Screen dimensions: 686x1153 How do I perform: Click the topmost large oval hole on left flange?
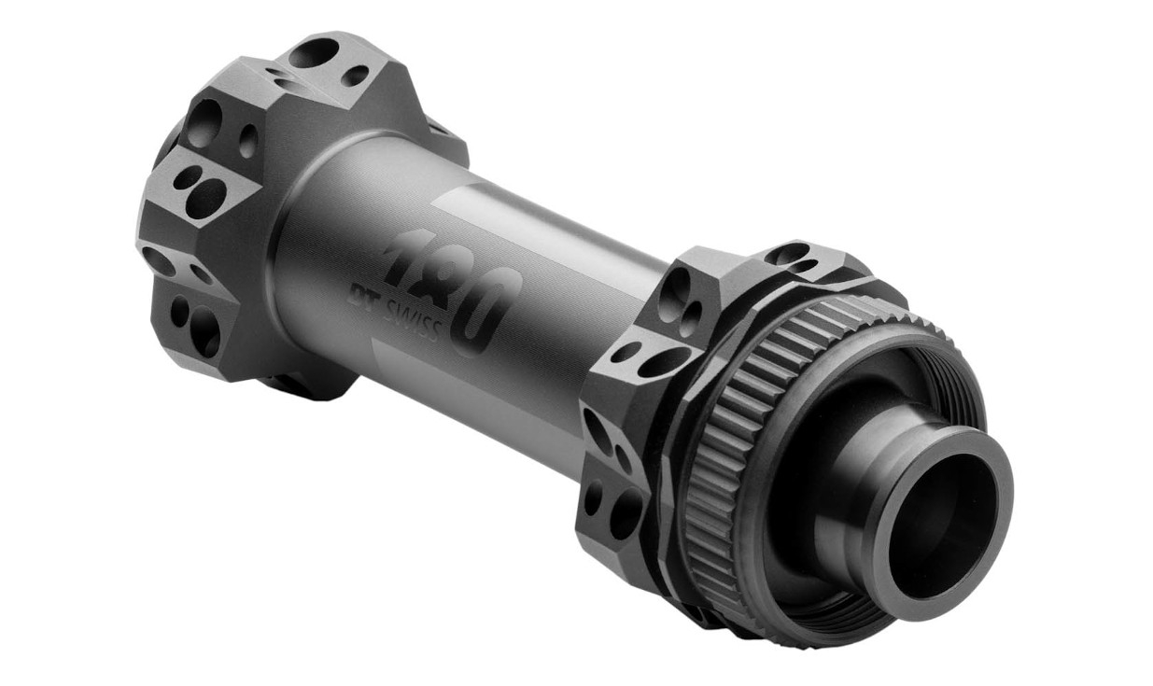coord(314,52)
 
